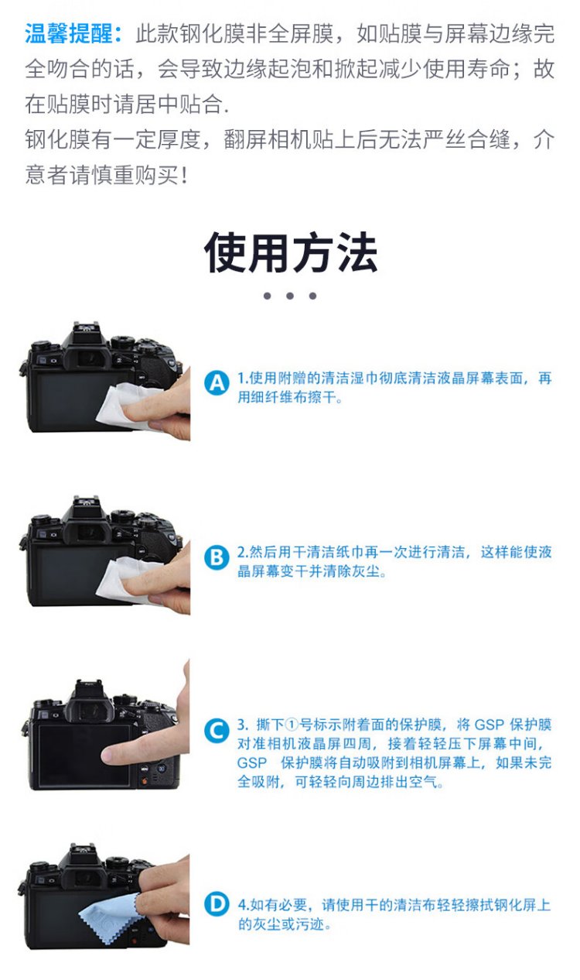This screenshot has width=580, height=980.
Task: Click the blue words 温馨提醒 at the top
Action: (69, 34)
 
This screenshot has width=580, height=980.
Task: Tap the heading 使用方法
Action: (291, 253)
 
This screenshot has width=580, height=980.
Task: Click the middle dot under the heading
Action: (290, 296)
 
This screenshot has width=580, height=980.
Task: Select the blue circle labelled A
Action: (217, 383)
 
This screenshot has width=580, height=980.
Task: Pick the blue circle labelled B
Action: (217, 558)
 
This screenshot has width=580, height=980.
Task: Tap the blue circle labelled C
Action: (217, 731)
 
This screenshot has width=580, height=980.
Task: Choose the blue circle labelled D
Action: (217, 904)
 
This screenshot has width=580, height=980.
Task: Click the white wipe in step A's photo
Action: (127, 405)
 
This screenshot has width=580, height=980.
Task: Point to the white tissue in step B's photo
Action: (127, 578)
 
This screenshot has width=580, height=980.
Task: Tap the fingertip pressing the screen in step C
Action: (109, 754)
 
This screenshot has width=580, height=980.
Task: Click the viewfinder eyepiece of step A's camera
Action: (87, 360)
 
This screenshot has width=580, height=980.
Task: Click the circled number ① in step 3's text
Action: (291, 725)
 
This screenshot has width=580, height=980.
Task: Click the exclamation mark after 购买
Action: (184, 175)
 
